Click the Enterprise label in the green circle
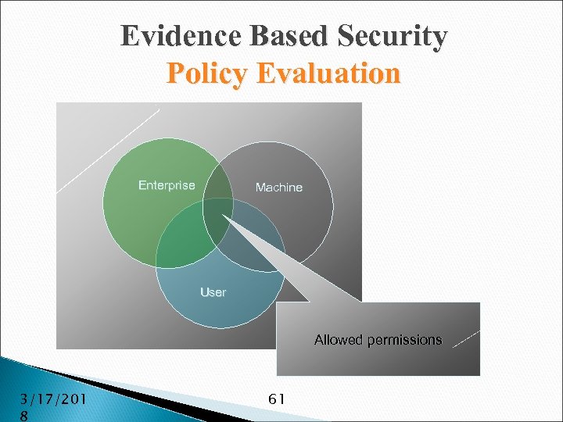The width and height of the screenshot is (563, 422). point(167,185)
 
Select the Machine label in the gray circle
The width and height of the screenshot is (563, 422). point(279,188)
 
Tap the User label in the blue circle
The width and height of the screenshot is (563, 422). point(213,292)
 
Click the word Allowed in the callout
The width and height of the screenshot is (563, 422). point(339,340)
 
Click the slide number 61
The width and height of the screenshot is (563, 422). point(276,399)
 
